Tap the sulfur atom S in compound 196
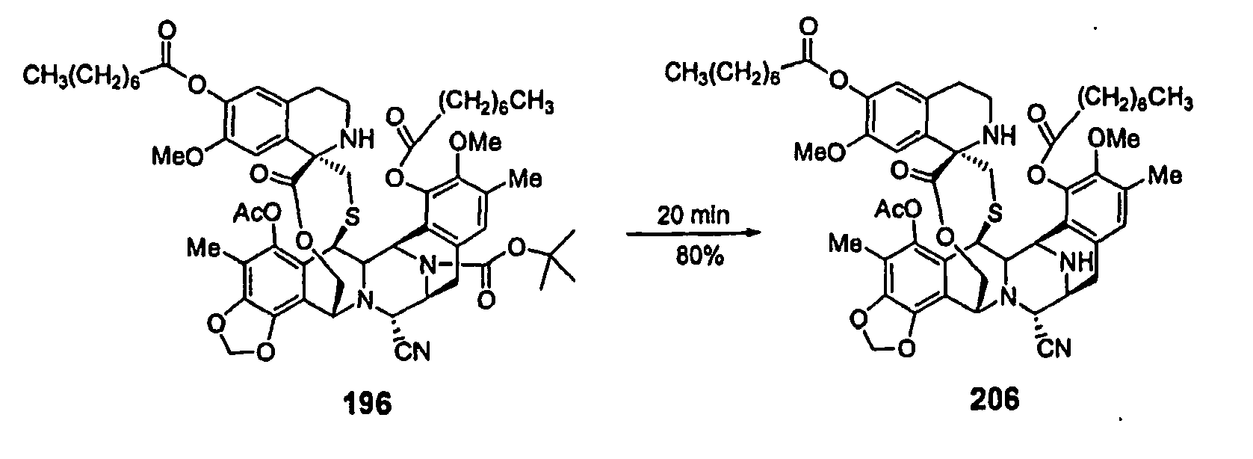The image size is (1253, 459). coord(353,215)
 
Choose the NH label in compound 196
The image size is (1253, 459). coord(349,136)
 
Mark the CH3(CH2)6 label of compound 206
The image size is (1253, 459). coord(722,72)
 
